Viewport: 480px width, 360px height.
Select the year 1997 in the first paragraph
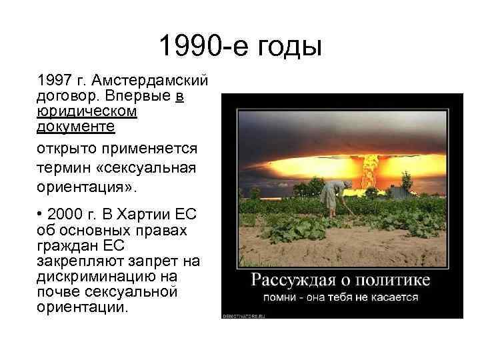(53, 81)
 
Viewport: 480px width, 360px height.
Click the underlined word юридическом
(87, 111)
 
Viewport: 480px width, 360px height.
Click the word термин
(63, 167)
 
